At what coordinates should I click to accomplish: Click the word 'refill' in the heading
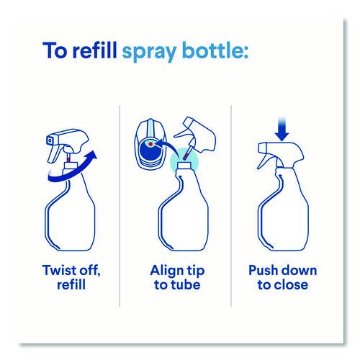[95, 50]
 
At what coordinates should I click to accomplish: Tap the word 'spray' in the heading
[149, 53]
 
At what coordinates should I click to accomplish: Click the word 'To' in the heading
[55, 50]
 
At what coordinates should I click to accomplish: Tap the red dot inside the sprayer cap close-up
[150, 144]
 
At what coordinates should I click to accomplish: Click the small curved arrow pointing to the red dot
[167, 147]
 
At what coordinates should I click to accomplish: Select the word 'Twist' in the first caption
[60, 270]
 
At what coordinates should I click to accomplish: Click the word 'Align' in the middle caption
[166, 271]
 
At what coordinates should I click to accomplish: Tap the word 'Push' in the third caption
[263, 270]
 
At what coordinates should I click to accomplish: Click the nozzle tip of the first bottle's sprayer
[50, 140]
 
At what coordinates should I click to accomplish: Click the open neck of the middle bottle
[184, 165]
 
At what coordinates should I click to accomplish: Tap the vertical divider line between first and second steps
[120, 206]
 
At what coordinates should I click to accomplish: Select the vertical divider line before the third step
[231, 206]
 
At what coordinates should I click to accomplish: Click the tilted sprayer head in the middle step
[197, 135]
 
